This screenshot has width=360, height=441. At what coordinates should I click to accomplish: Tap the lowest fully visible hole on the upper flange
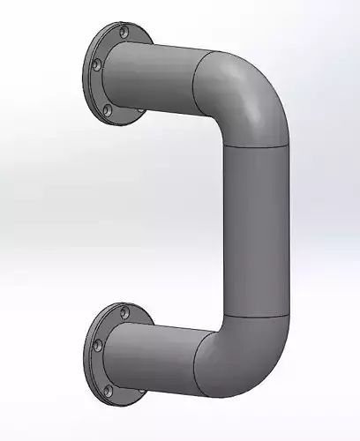point(107,111)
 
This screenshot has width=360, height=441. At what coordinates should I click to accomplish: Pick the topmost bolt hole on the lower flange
point(123,310)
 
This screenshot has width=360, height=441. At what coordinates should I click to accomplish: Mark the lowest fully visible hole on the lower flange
point(107,389)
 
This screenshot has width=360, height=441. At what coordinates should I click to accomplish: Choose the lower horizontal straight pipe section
point(159,357)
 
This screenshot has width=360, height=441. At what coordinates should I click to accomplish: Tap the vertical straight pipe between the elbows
point(256,229)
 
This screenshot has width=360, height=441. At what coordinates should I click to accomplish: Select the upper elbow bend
point(247,93)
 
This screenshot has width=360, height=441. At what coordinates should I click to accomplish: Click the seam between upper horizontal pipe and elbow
point(195,84)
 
